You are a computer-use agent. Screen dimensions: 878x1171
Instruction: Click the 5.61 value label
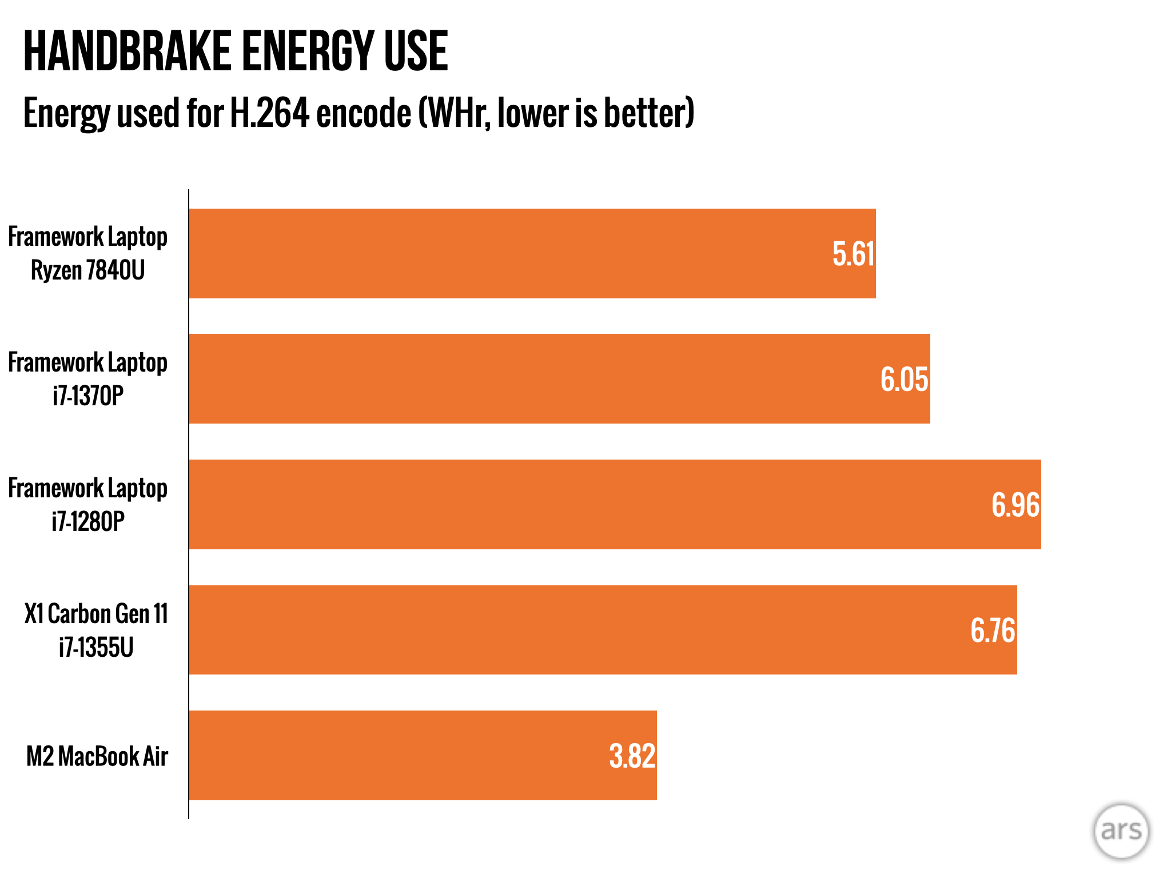pos(853,254)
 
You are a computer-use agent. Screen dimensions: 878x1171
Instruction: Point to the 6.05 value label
pos(904,380)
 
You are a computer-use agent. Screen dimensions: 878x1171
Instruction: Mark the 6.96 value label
pos(1015,505)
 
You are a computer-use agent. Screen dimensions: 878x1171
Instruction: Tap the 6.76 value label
pos(993,631)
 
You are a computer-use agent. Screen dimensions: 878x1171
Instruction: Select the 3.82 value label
pos(632,756)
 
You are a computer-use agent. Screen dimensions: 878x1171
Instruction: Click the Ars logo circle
pos(1121,831)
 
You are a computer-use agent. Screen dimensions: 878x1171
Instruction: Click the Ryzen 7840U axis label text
pos(87,270)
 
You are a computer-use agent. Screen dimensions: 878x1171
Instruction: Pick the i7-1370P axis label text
pos(88,396)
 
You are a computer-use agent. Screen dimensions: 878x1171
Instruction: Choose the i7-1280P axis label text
pos(88,522)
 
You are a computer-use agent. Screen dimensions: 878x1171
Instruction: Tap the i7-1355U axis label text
pos(96,648)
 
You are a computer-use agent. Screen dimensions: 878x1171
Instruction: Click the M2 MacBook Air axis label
pos(97,756)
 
